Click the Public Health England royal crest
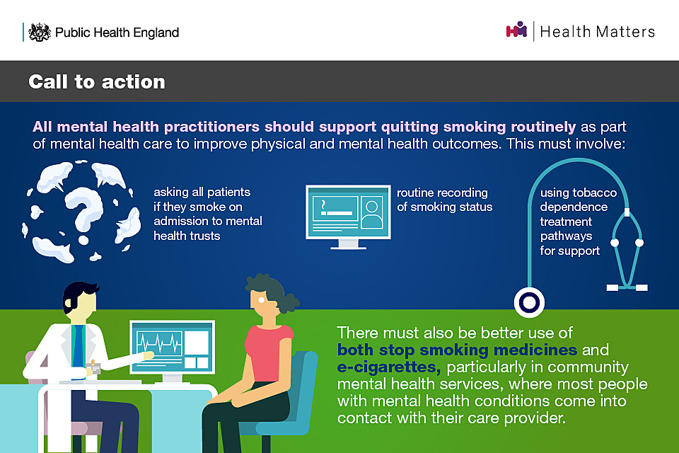(x=40, y=32)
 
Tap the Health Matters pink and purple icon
(x=516, y=30)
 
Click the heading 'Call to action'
(x=97, y=81)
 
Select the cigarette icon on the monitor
(x=335, y=209)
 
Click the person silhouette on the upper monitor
(x=371, y=214)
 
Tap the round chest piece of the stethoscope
(x=529, y=302)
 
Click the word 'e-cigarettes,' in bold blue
(x=389, y=367)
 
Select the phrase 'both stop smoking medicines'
(x=457, y=350)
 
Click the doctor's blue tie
(x=79, y=347)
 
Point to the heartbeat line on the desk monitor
(x=158, y=343)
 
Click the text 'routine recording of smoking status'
(x=444, y=200)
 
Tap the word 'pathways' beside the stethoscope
(x=566, y=236)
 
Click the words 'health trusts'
(x=187, y=236)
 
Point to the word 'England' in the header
(x=156, y=33)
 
